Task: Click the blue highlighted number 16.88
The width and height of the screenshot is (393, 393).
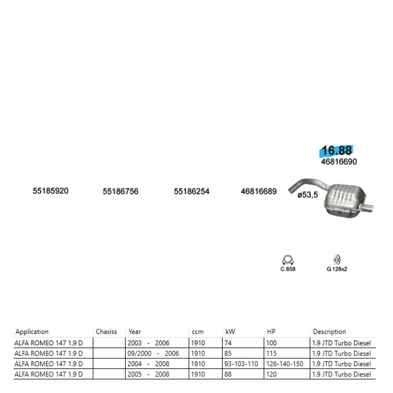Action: click(337, 151)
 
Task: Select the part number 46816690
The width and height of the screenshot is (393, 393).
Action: click(339, 162)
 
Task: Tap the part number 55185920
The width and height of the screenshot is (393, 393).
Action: click(50, 191)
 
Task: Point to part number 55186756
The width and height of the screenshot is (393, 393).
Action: click(120, 191)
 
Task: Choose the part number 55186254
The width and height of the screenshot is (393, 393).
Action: click(191, 191)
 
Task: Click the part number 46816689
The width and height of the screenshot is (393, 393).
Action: click(259, 191)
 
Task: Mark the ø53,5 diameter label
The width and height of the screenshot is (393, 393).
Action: click(308, 195)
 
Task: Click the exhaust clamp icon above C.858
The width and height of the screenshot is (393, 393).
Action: click(288, 260)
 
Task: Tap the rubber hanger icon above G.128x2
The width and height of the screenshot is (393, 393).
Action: click(337, 260)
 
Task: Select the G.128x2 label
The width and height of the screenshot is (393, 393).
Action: click(337, 269)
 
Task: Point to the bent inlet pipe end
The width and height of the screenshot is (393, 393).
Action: click(291, 190)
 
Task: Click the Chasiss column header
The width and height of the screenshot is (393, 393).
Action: click(106, 332)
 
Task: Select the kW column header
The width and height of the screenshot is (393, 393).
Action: click(230, 332)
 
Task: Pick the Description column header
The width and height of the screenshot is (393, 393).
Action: click(329, 332)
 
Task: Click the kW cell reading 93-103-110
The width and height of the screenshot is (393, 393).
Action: click(241, 364)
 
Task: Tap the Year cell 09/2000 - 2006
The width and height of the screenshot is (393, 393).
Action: click(153, 353)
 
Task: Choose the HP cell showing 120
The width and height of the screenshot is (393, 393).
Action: click(272, 374)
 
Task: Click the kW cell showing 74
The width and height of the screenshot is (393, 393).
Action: click(228, 343)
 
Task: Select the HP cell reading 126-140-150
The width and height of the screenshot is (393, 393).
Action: click(285, 364)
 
